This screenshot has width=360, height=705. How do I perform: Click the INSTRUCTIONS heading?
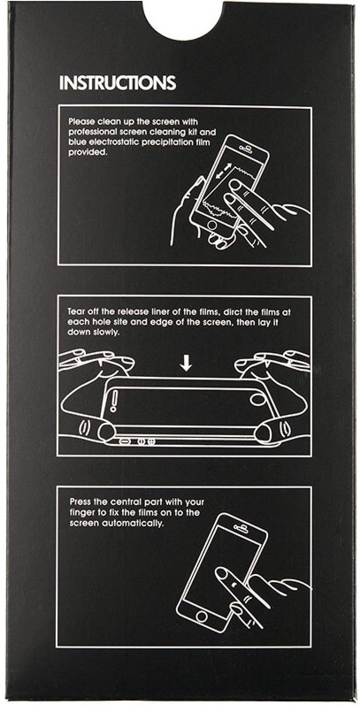118,83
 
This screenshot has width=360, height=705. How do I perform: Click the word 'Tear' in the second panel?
76,311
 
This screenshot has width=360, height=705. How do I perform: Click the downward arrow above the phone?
185,364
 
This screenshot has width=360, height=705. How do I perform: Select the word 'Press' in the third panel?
79,502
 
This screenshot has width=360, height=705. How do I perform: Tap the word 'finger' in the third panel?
80,512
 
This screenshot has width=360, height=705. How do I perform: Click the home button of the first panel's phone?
211,225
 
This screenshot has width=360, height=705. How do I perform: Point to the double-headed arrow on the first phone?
224,172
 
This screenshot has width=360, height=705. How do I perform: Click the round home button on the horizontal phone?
257,399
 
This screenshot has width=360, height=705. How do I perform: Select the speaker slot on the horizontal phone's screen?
114,401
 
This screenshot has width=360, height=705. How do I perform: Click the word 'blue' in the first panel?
76,142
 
